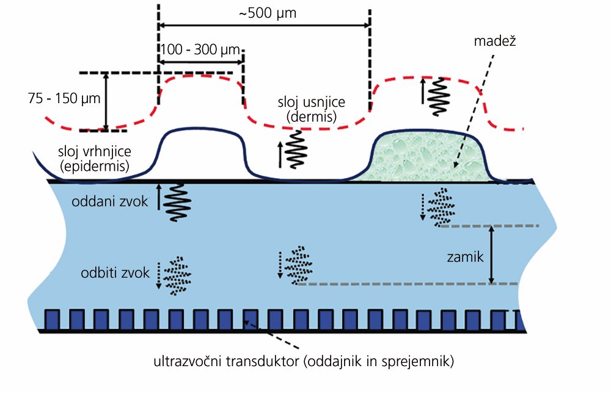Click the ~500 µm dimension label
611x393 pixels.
(268, 13)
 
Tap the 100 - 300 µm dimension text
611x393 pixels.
(200, 50)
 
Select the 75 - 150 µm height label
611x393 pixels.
(64, 98)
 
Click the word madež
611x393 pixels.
(495, 41)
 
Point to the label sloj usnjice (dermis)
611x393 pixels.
(312, 109)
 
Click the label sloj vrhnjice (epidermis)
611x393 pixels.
(95, 159)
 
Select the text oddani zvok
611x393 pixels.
(110, 201)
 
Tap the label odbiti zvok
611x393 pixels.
(115, 273)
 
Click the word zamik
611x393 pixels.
(465, 257)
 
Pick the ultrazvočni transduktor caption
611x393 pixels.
(304, 361)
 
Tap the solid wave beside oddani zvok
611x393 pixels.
(177, 203)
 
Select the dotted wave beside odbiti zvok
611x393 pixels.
(177, 276)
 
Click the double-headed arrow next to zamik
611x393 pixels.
(492, 255)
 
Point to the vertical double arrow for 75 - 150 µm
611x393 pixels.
(106, 102)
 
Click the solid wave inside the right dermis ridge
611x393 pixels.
(439, 97)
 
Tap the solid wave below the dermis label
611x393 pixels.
(296, 150)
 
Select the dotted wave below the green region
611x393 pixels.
(441, 207)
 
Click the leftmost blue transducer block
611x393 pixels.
(52, 319)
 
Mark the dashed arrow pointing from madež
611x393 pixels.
(474, 111)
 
